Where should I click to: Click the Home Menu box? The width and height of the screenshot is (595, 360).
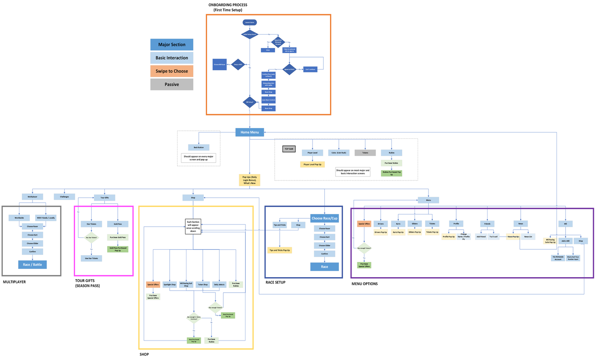point(250,132)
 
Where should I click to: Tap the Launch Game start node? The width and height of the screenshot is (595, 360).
point(250,22)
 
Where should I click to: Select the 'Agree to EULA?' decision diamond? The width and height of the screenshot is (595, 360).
point(289,69)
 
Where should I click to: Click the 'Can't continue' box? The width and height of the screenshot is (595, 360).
point(310,69)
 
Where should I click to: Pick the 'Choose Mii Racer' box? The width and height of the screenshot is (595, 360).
point(219,64)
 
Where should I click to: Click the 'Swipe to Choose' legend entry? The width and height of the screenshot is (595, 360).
point(172,71)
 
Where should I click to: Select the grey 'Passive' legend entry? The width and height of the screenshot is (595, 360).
point(172,84)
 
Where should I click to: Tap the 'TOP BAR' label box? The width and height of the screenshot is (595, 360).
point(289,149)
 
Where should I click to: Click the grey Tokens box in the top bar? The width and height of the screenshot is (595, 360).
point(365,153)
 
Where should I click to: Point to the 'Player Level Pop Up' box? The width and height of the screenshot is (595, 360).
point(313,164)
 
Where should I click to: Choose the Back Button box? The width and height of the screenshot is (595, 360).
point(199,147)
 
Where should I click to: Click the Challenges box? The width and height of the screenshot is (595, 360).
point(64,197)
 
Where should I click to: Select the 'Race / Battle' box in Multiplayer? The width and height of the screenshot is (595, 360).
point(32,264)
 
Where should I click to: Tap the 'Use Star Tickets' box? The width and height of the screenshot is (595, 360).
point(91,258)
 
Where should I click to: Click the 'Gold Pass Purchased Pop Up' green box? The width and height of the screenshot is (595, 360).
point(118,249)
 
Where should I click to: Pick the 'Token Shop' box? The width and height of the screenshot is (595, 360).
point(203,284)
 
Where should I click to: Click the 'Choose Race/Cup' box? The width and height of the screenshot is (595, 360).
point(324,218)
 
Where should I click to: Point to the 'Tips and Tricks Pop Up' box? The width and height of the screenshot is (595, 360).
point(280,250)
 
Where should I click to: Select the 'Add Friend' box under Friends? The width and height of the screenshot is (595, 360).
point(481,237)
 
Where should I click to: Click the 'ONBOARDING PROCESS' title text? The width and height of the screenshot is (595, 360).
point(228,5)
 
